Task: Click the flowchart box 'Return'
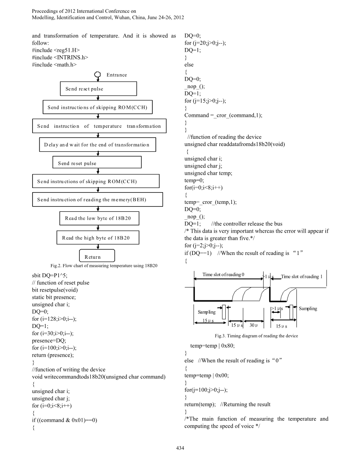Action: pyautogui.click(x=92, y=256)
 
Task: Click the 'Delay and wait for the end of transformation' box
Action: pyautogui.click(x=97, y=145)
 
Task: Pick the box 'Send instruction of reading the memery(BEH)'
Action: pyautogui.click(x=97, y=200)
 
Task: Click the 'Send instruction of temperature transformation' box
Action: pyautogui.click(x=99, y=126)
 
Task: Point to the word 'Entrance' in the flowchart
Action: pyautogui.click(x=117, y=75)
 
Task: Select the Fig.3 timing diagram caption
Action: pyautogui.click(x=256, y=336)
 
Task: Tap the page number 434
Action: pyautogui.click(x=180, y=448)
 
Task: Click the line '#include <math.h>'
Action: pyautogui.click(x=54, y=65)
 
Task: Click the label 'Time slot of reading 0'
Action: pyautogui.click(x=223, y=275)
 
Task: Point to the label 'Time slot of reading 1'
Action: pyautogui.click(x=301, y=276)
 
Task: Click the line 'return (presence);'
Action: pyautogui.click(x=53, y=355)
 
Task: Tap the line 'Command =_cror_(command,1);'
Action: pyautogui.click(x=223, y=115)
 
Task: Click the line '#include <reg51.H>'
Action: pyautogui.click(x=56, y=50)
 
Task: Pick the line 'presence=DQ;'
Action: pyautogui.click(x=48, y=340)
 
